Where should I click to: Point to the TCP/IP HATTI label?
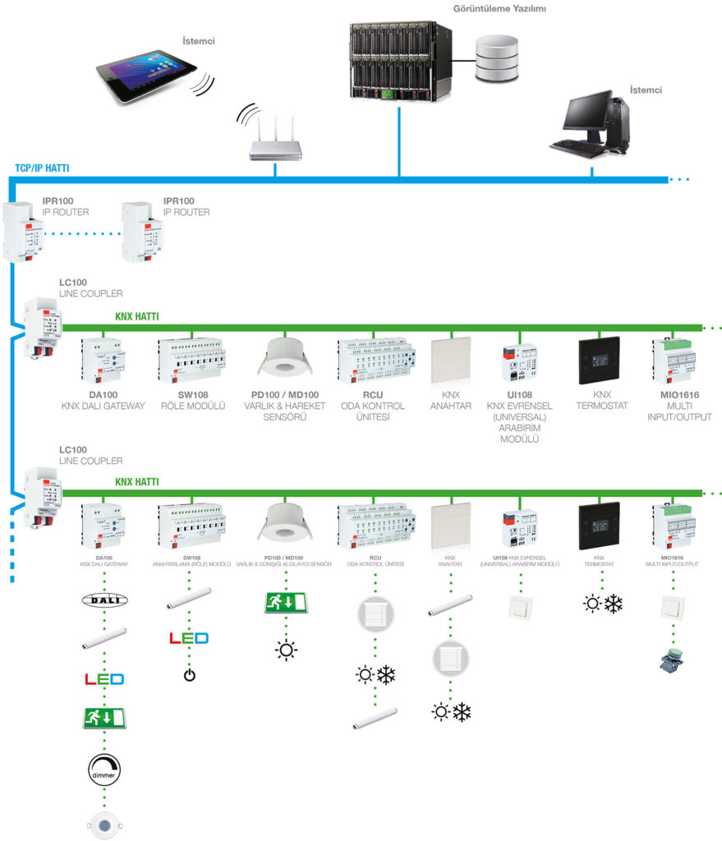point(42,168)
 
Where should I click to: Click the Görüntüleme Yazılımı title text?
point(500,9)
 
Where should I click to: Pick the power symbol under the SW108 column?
point(189,675)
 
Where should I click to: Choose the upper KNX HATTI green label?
point(136,316)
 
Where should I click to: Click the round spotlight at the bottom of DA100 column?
point(104,824)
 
